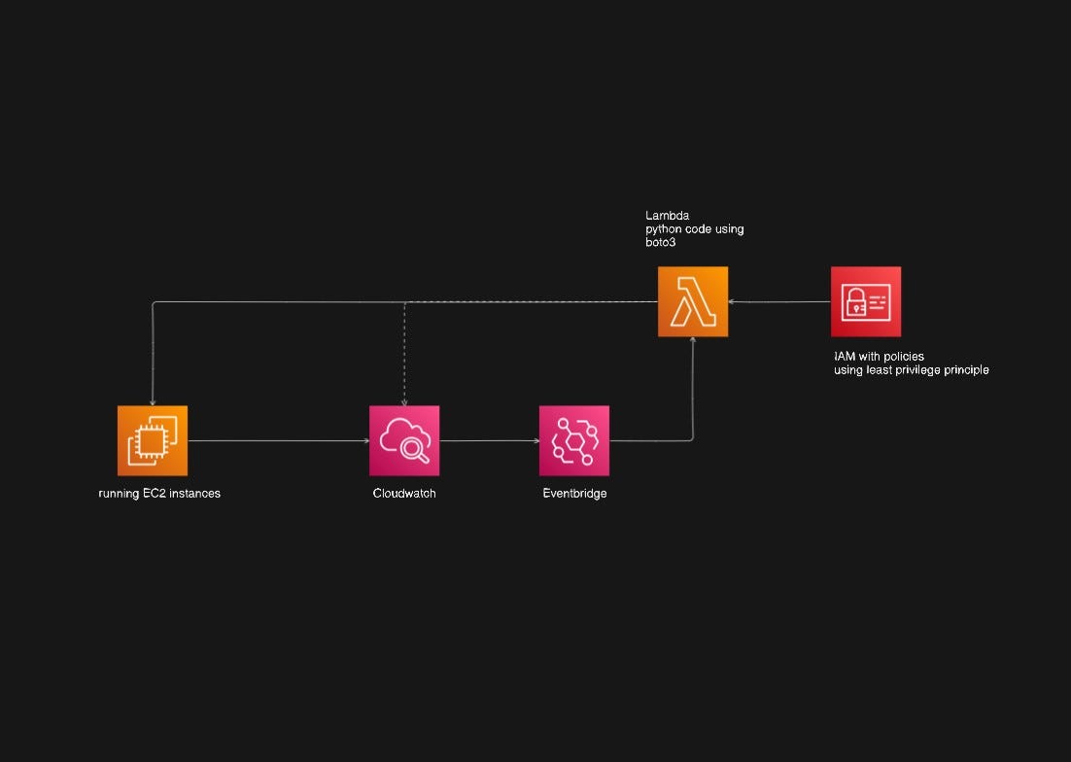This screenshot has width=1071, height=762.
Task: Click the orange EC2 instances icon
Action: click(153, 440)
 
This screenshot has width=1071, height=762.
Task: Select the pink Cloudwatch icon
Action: click(404, 440)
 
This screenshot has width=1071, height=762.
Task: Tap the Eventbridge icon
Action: click(574, 440)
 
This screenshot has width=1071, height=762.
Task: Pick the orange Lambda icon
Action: click(693, 301)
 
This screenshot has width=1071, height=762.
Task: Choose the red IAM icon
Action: click(866, 301)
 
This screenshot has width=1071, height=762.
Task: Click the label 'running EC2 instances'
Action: click(159, 494)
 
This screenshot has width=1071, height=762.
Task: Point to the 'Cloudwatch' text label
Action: click(404, 494)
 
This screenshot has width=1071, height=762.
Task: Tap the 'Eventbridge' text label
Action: click(574, 494)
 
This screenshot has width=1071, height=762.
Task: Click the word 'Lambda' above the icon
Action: click(668, 216)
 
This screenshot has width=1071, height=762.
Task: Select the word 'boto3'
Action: click(661, 242)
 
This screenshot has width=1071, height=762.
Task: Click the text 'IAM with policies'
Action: click(879, 357)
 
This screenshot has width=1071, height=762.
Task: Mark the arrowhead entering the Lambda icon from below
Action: click(693, 341)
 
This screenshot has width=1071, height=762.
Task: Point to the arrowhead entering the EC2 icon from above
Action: click(153, 401)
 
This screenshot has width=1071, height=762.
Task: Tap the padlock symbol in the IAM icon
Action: click(856, 304)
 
